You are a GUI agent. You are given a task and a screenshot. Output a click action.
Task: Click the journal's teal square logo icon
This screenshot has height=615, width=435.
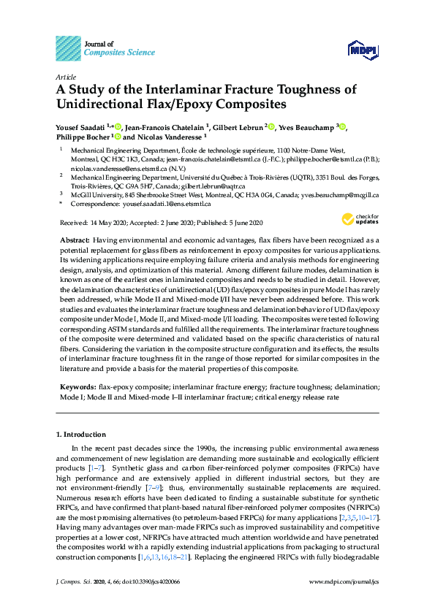pyautogui.click(x=68, y=48)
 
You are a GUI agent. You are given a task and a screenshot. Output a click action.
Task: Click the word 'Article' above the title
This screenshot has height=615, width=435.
pyautogui.click(x=66, y=77)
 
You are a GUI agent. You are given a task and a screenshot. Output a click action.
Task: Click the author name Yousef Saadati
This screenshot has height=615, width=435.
pyautogui.click(x=80, y=127)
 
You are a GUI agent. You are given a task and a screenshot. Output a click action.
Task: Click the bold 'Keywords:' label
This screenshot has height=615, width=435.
pyautogui.click(x=77, y=385)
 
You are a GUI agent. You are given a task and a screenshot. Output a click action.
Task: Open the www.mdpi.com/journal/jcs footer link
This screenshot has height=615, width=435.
pyautogui.click(x=344, y=601)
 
